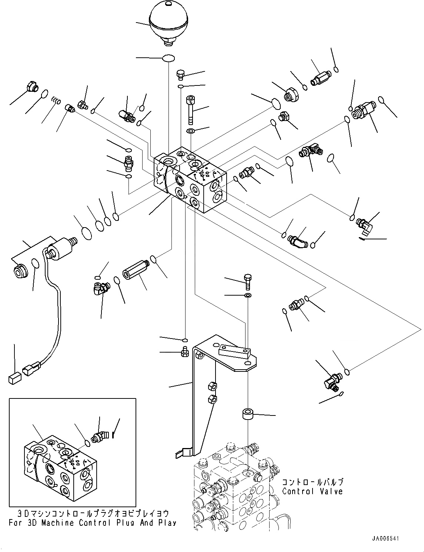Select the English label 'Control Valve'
(x=312, y=491)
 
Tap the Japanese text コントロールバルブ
(x=313, y=482)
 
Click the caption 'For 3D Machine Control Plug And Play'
(x=93, y=523)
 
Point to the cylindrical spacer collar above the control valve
(x=248, y=414)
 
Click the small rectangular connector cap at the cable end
(x=14, y=378)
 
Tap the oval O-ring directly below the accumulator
(x=168, y=58)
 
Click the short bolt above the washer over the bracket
(x=248, y=282)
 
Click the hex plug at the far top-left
(x=33, y=87)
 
